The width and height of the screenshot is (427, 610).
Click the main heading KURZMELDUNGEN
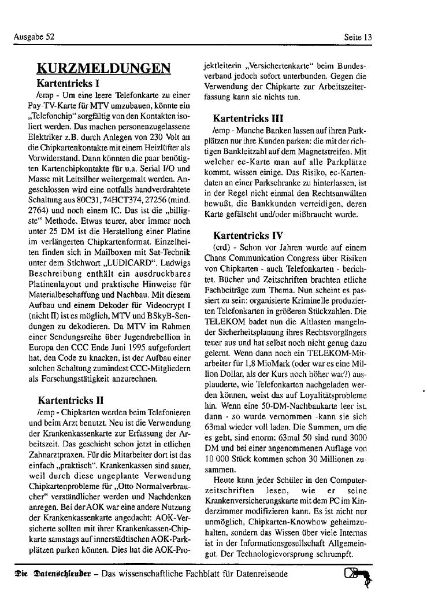(x=103, y=68)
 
